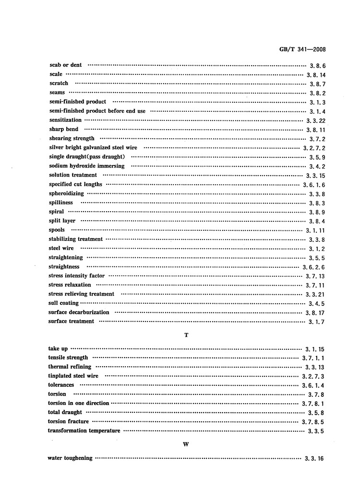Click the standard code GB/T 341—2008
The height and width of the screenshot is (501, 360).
[x=302, y=49]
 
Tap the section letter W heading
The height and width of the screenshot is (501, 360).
[x=186, y=444]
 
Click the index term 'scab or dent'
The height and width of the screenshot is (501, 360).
[x=66, y=65]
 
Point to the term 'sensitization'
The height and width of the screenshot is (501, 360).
[x=65, y=120]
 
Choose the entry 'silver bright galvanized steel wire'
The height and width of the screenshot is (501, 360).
[x=93, y=147]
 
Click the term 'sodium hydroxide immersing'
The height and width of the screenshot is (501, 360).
[x=86, y=166]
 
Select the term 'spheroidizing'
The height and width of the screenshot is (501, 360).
[x=66, y=193]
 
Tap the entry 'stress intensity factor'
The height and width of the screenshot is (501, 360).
[x=77, y=276]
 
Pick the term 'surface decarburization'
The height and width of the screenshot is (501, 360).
[x=79, y=312]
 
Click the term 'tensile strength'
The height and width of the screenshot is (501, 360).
[x=68, y=358]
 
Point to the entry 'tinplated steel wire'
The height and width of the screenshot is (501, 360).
[x=73, y=376]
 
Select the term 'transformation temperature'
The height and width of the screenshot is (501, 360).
[x=84, y=431]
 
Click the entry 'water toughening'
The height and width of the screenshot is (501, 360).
[x=70, y=458]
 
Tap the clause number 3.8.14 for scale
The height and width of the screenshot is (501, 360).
[x=316, y=75]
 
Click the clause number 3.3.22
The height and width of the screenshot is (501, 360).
[x=316, y=120]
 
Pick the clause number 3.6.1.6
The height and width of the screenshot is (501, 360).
[x=314, y=185]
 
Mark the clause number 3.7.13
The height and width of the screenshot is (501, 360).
[x=315, y=276]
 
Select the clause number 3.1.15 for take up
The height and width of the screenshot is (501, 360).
[x=315, y=349]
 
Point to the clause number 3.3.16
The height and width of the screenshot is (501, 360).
[x=314, y=459]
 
